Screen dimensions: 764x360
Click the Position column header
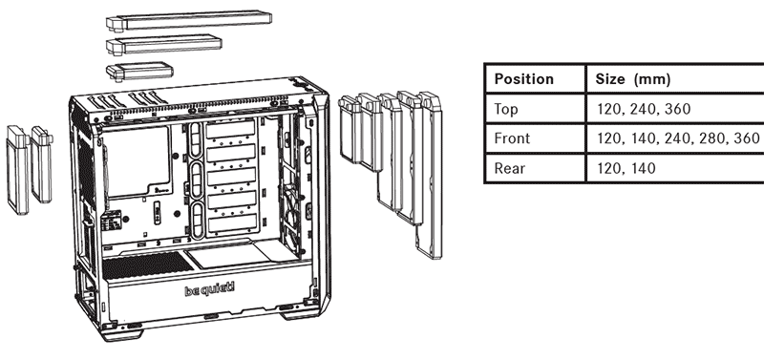point(523,79)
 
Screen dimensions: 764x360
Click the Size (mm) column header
point(633,79)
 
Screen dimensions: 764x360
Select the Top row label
point(506,109)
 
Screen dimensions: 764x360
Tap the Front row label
point(512,138)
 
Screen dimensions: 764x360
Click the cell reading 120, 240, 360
point(644,109)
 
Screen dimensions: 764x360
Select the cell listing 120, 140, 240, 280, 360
point(678,138)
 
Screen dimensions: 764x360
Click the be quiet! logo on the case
point(209,290)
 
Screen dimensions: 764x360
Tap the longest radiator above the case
point(189,21)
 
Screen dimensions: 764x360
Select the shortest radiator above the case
point(139,71)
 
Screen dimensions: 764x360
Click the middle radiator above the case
point(164,45)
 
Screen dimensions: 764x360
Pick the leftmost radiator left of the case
point(17,170)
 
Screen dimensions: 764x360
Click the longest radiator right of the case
point(429,176)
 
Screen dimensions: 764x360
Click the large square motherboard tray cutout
point(138,161)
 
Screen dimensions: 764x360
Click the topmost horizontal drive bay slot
point(231,131)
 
